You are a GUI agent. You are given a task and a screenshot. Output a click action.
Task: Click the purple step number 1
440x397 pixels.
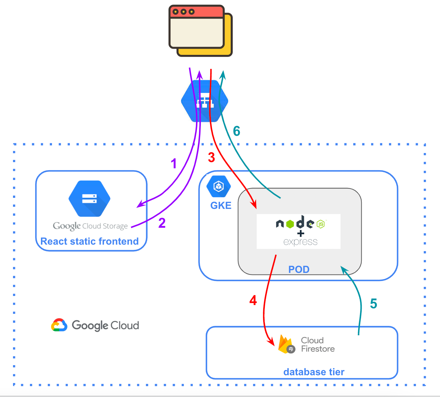pos(174,163)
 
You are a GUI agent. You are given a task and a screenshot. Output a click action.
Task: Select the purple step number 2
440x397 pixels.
pos(162,223)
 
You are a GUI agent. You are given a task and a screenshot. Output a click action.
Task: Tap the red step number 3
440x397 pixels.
pos(212,158)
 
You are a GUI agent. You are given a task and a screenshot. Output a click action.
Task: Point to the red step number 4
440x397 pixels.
pos(253,301)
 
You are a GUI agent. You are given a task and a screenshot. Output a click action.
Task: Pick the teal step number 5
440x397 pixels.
pos(374,304)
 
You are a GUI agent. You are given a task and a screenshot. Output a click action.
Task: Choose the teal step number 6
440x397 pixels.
pos(237,131)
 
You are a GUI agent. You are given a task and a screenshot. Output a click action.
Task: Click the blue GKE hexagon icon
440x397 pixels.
pos(219,186)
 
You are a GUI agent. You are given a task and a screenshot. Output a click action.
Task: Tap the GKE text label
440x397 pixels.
pos(221,206)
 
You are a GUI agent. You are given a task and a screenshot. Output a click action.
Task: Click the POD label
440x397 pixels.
pos(299,269)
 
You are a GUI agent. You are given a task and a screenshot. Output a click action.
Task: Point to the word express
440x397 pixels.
pos(300,242)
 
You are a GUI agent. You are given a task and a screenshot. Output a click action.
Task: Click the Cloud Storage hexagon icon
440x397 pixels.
pos(89,198)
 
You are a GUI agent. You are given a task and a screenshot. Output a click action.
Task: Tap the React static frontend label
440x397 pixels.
pos(90,241)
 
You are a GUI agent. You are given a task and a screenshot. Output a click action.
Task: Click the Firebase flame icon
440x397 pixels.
pos(285,344)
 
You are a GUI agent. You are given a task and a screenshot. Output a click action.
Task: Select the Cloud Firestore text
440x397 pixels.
pos(317,345)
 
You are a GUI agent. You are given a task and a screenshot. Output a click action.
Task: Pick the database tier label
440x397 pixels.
pos(314,372)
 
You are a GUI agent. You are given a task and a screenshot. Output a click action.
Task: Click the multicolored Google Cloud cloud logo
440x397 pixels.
pos(59,325)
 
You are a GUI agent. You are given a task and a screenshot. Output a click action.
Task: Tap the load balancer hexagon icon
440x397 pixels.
pos(205,101)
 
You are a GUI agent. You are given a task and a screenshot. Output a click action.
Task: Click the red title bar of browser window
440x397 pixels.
pos(196,12)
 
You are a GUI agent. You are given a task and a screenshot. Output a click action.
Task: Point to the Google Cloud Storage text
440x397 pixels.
pos(90,226)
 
